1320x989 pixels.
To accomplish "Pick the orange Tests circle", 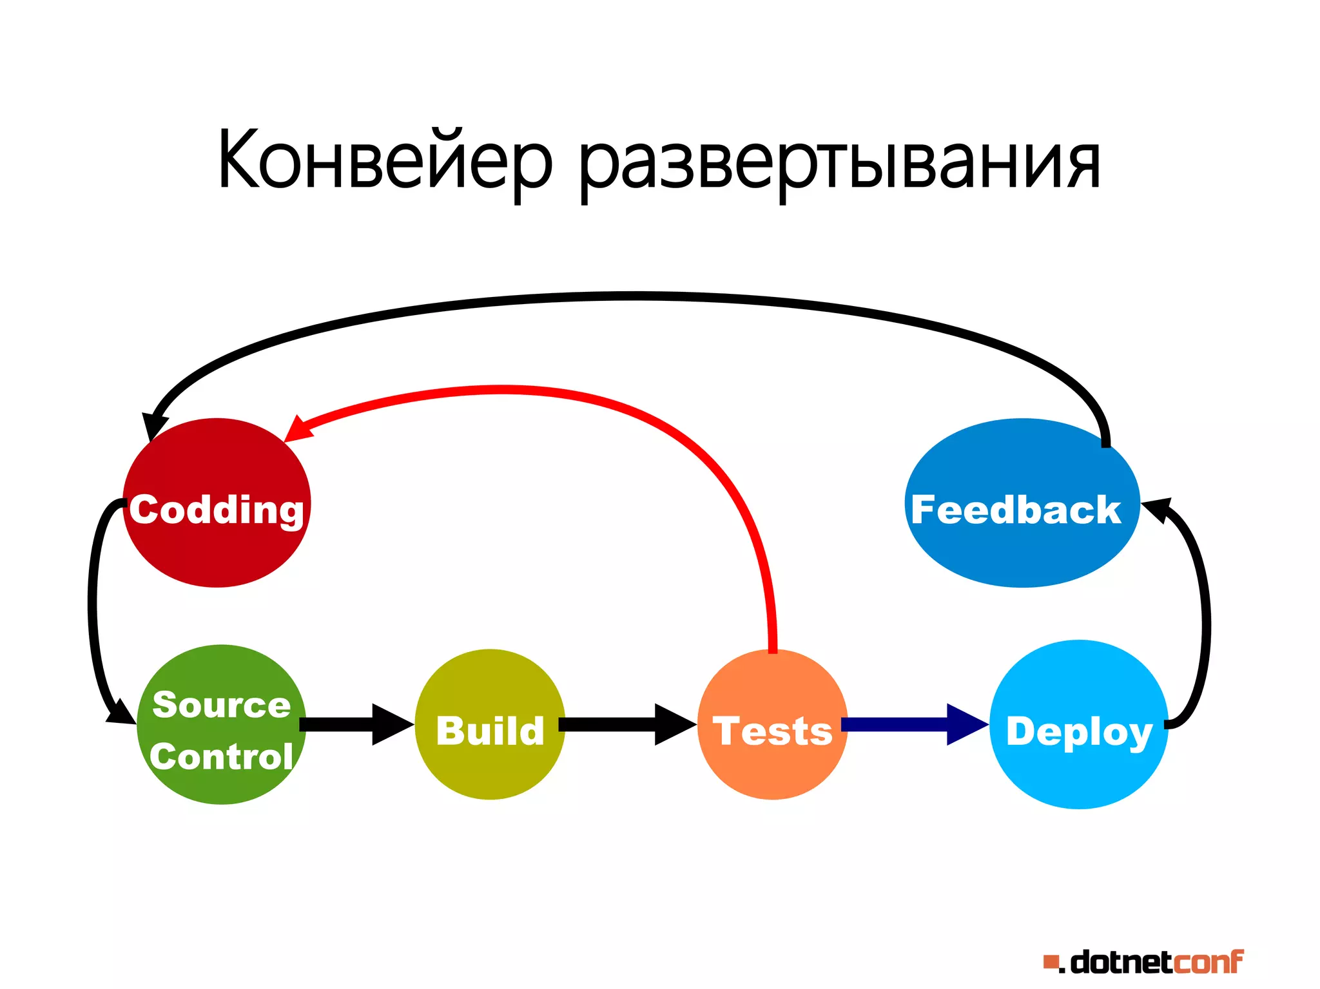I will click(772, 767).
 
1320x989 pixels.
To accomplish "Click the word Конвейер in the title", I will click(385, 160).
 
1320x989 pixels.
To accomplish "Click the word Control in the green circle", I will click(221, 756).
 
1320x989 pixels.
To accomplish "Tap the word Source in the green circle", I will click(221, 704).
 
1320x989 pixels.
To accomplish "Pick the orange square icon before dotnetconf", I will click(1051, 963).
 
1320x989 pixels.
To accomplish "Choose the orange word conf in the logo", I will click(1208, 962).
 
